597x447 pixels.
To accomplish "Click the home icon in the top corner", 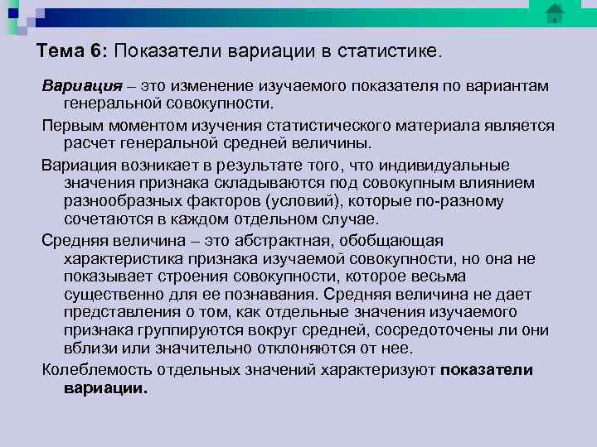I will coord(555,13).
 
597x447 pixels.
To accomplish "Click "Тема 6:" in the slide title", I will coord(72,51).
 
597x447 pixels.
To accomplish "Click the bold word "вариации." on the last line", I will coord(105,388).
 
